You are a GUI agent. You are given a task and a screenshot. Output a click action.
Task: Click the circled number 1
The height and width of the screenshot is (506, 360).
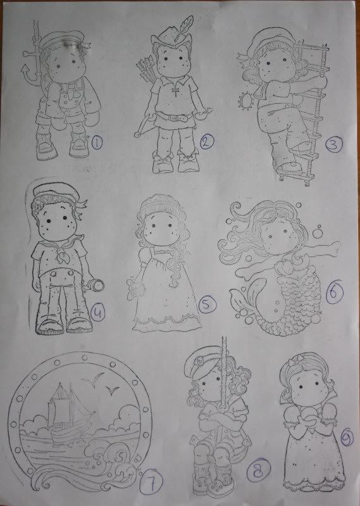point(97,142)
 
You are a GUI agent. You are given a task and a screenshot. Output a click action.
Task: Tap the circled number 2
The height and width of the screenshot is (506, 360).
point(207,141)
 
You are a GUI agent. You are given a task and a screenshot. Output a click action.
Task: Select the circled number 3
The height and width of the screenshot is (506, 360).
point(333,144)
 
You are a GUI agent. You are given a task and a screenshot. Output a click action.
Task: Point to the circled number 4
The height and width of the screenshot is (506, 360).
point(97,312)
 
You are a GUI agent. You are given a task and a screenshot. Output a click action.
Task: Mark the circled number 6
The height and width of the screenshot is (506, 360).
point(334,293)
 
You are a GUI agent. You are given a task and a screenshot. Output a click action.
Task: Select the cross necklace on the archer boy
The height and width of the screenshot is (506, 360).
point(175,91)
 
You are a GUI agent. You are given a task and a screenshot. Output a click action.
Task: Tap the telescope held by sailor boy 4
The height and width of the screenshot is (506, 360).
point(94,284)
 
